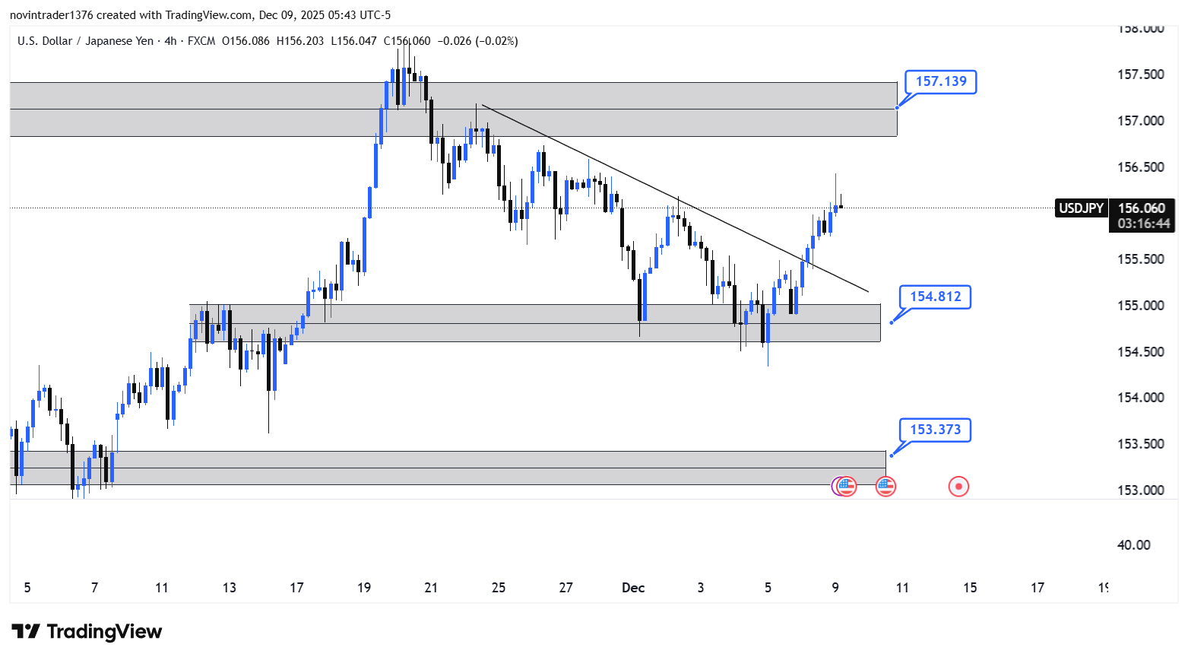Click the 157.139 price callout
tap(940, 81)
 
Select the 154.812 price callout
tap(935, 297)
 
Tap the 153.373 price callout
tap(935, 430)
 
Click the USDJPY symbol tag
tap(1081, 208)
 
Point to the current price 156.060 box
tap(1141, 208)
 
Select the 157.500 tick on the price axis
tap(1140, 75)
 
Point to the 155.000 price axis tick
tap(1140, 306)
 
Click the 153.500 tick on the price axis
tap(1140, 444)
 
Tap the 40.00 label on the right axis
tap(1133, 545)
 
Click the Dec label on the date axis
tap(633, 588)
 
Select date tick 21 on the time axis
tap(431, 588)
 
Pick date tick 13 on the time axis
tap(230, 588)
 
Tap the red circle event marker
tap(958, 487)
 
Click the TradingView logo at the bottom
tap(87, 632)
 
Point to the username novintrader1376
tap(51, 15)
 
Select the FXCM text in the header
tap(201, 41)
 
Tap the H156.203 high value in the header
tap(300, 41)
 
